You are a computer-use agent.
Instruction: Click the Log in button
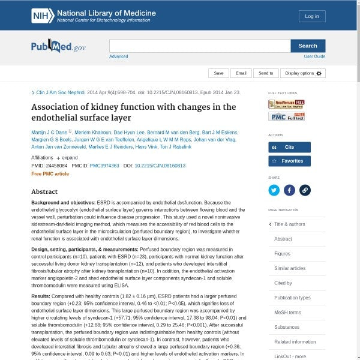[312, 16]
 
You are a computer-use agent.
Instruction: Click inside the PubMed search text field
[199, 46]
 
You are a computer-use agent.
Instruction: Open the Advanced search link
[118, 56]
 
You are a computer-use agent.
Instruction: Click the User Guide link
[314, 56]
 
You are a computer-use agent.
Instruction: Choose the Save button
[218, 73]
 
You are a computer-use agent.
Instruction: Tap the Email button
[241, 73]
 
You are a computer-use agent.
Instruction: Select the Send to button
[266, 73]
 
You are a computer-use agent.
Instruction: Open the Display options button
[303, 73]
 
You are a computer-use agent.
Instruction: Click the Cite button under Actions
[289, 147]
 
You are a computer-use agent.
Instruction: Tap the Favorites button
[289, 161]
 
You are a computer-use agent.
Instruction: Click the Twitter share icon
[274, 190]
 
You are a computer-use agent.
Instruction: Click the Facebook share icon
[289, 190]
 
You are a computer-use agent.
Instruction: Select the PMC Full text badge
[286, 116]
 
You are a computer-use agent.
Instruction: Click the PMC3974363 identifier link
[103, 165]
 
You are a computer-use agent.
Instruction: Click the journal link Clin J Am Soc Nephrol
[61, 92]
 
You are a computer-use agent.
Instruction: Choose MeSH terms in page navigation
[287, 313]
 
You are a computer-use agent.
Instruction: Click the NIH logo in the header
[43, 16]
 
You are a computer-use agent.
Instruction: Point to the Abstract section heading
[44, 191]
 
